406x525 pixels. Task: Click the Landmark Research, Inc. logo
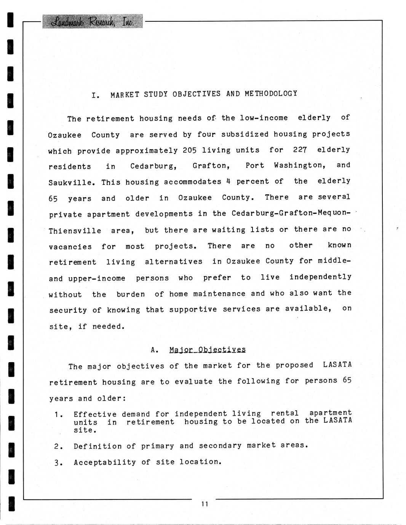(x=93, y=22)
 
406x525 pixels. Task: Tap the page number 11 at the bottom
(x=205, y=504)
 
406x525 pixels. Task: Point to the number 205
(x=190, y=150)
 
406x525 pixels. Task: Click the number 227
(x=300, y=150)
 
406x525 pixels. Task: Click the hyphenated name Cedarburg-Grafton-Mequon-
(x=291, y=213)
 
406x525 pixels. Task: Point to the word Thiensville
(x=75, y=231)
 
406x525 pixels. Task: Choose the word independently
(x=320, y=277)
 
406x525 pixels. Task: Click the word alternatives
(x=174, y=262)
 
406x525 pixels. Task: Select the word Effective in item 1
(x=95, y=414)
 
